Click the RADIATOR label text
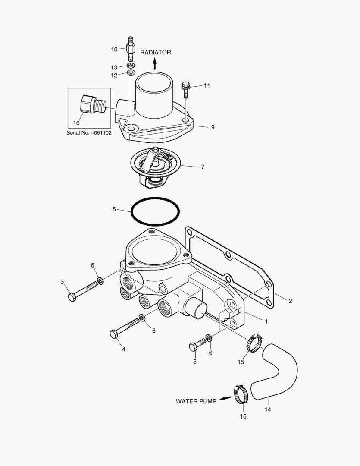155,52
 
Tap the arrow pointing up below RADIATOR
155,64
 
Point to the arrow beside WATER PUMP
223,399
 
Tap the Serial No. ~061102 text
89,133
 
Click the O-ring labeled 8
155,211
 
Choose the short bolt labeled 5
198,344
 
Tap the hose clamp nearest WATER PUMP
242,394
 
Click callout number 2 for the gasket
290,301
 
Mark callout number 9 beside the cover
213,127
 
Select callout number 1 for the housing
266,321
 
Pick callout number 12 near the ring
114,75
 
